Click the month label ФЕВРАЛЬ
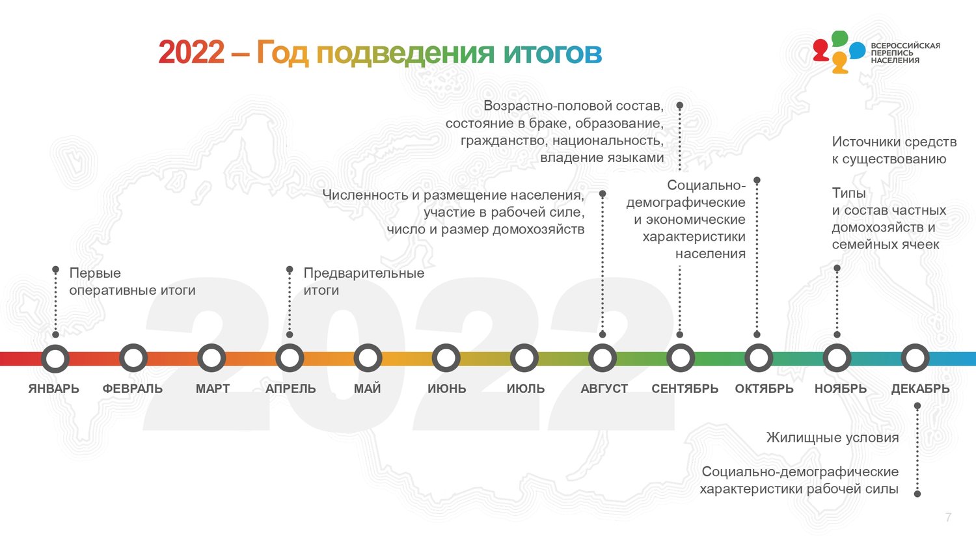[x=133, y=388]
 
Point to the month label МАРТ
[x=213, y=388]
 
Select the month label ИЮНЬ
[x=446, y=388]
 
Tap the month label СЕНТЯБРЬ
[x=685, y=388]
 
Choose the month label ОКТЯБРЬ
[x=765, y=388]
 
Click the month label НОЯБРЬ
[x=841, y=388]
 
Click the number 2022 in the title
[x=191, y=53]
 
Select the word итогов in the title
[x=552, y=53]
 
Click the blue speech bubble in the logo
[x=858, y=51]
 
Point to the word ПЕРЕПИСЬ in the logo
[x=892, y=53]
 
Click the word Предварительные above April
[x=364, y=273]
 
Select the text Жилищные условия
[x=833, y=438]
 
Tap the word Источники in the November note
[x=867, y=142]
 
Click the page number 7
[x=949, y=517]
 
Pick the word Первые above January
[x=95, y=273]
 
